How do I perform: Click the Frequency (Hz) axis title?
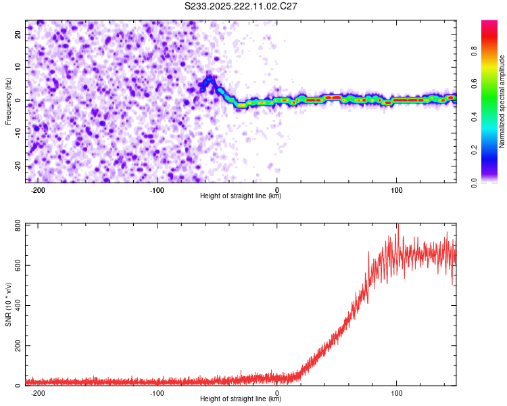click(x=8, y=100)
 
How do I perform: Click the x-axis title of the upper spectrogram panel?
click(x=241, y=196)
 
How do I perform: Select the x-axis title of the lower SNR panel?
click(x=241, y=399)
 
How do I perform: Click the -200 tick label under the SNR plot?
click(x=38, y=392)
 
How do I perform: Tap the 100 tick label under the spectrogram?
click(x=396, y=189)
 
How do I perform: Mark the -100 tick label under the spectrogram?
click(x=157, y=189)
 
